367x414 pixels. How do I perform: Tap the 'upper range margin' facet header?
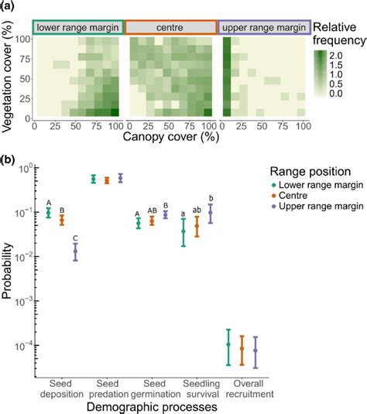(264, 27)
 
